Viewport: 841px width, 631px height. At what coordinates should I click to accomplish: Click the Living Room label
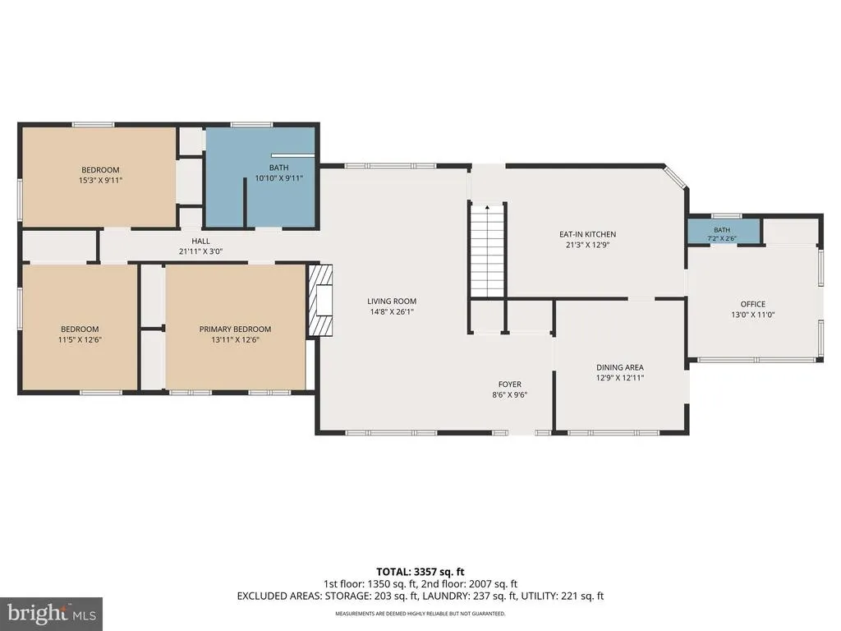[392, 302]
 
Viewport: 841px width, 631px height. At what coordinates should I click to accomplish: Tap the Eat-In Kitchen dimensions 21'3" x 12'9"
[588, 245]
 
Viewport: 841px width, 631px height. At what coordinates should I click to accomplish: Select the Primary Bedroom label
[235, 329]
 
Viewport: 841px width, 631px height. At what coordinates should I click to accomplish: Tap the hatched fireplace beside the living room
[320, 301]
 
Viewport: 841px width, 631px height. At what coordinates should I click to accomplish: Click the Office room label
[753, 304]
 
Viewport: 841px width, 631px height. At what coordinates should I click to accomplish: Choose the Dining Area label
[620, 367]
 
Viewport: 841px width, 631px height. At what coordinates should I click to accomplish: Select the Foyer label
[509, 385]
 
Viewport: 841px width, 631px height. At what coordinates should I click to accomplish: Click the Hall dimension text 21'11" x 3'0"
[200, 251]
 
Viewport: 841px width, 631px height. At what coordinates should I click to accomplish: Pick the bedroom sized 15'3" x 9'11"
[99, 176]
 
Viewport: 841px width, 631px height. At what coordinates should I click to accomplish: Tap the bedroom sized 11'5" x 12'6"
[80, 327]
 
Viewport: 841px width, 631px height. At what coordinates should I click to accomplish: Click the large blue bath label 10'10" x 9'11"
[279, 178]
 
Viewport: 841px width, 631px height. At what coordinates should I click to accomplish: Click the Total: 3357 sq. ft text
[420, 572]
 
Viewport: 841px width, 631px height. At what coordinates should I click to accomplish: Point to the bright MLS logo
[52, 613]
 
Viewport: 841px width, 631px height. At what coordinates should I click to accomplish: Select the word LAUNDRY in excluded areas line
[442, 596]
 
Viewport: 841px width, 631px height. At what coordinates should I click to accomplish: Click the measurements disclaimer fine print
[420, 613]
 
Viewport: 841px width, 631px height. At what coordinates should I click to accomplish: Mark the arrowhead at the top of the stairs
[487, 206]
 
